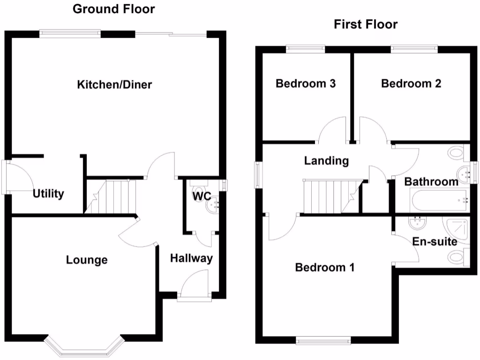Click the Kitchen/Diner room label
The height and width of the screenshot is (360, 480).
pos(115,85)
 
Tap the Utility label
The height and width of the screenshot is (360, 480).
pos(48,194)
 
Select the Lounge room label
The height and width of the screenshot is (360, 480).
pos(87,260)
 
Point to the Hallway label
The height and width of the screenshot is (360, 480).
pos(191,258)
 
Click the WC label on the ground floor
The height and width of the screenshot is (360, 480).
pos(201,196)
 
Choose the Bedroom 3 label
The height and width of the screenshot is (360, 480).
pos(306,84)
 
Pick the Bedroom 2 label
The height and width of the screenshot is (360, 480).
pos(411,84)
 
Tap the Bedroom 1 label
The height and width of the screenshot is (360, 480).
pos(324,268)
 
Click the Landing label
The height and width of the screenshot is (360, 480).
pos(327,161)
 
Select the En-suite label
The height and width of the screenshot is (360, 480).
pos(435,242)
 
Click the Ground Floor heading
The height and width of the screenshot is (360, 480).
pos(113,9)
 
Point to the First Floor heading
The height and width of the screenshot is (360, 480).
pos(366,24)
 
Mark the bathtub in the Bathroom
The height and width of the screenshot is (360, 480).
pos(439,201)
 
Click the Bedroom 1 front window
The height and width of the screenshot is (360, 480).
pos(324,340)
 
